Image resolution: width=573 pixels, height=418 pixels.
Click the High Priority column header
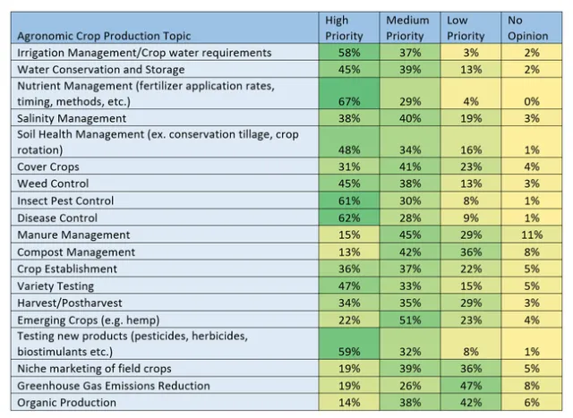pos(344,28)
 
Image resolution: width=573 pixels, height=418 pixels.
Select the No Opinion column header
pos(516,28)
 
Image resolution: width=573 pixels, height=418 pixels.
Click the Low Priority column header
pos(465,28)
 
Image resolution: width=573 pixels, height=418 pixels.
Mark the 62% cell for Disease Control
pos(345,218)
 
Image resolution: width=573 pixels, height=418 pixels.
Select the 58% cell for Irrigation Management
pos(345,53)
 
